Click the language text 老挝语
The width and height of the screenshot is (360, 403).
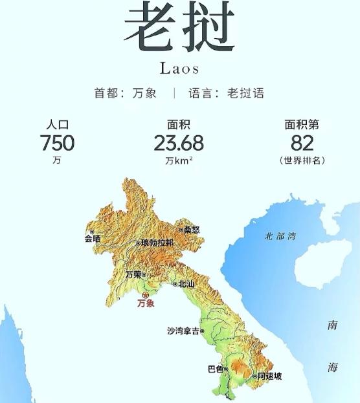tap(245, 93)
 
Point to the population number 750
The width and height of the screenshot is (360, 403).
tap(57, 143)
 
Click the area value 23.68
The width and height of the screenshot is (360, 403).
tap(179, 143)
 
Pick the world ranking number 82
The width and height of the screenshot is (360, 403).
tap(302, 143)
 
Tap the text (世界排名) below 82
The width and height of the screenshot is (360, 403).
tap(302, 160)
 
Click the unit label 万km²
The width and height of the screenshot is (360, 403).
tap(179, 160)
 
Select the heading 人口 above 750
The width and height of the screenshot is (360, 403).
tap(57, 125)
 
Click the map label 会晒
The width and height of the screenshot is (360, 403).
tap(92, 238)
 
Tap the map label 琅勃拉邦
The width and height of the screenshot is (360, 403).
tap(156, 243)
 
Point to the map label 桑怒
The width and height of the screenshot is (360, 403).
tap(192, 229)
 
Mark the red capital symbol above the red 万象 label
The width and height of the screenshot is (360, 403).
tap(145, 295)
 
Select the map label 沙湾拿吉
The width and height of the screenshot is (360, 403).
tap(183, 331)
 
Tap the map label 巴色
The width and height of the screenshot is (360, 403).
tap(215, 369)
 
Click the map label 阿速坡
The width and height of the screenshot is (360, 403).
tap(269, 376)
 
